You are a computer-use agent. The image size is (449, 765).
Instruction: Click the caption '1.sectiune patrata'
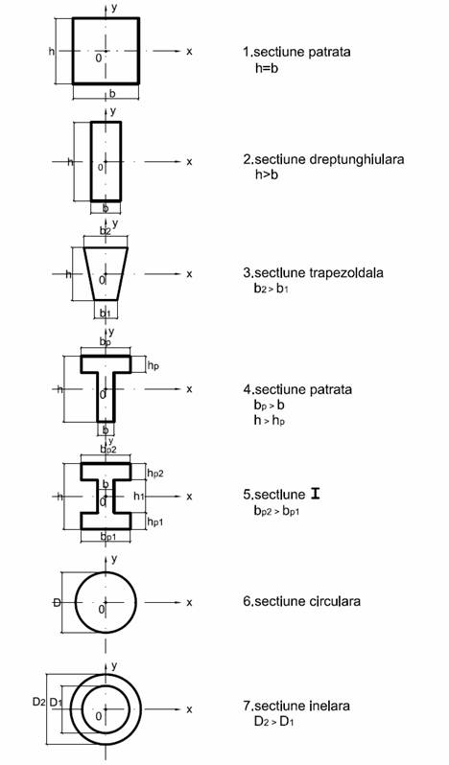click(x=296, y=52)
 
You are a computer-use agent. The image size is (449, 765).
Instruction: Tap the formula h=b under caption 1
click(x=267, y=68)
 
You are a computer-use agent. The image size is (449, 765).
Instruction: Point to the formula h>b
click(x=267, y=174)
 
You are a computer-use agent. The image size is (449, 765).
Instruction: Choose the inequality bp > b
click(x=269, y=406)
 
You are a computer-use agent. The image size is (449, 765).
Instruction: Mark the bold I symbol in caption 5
click(x=316, y=495)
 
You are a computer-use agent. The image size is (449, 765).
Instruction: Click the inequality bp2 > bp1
click(x=275, y=511)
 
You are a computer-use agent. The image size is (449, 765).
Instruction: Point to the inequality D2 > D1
click(x=273, y=721)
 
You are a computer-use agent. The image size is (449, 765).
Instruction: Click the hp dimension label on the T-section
click(x=154, y=365)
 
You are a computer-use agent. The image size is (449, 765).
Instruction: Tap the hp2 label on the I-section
click(x=155, y=473)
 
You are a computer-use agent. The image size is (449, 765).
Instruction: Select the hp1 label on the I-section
click(x=155, y=522)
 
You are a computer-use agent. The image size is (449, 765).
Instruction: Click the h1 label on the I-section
click(x=139, y=497)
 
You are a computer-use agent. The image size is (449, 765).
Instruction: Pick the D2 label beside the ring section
click(x=39, y=702)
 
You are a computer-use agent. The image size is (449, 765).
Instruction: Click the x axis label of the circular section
click(x=189, y=603)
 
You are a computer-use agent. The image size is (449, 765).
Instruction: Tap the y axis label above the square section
click(x=114, y=8)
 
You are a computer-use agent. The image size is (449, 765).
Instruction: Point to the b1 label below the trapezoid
click(x=106, y=313)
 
